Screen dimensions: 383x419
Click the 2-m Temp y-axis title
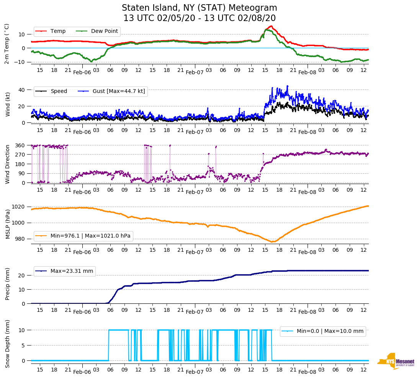click(7, 44)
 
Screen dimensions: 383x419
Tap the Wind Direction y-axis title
click(7, 164)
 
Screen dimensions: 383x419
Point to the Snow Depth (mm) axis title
click(7, 344)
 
